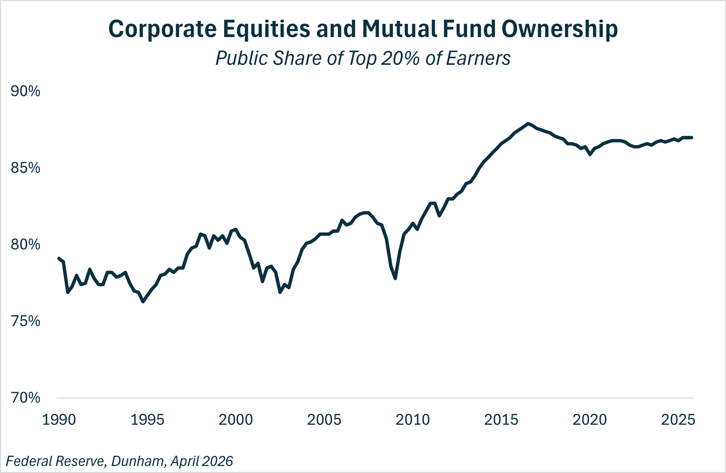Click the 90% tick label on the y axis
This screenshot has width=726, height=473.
[25, 91]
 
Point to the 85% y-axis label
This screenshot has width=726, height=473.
[25, 168]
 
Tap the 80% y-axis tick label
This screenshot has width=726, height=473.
[25, 244]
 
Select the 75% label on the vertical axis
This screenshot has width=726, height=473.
[25, 321]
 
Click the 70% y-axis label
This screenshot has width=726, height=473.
[25, 398]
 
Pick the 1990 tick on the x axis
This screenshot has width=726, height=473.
[59, 420]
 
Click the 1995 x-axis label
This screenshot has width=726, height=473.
[147, 420]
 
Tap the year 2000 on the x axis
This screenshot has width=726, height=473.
[236, 420]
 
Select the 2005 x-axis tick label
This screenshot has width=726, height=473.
[324, 420]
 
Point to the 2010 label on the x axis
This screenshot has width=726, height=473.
[413, 420]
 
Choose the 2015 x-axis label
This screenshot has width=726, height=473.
[501, 420]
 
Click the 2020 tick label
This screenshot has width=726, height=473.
[590, 420]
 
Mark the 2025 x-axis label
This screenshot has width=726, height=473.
[678, 420]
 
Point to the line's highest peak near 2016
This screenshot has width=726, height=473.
[528, 124]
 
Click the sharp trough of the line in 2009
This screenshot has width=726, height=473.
[395, 278]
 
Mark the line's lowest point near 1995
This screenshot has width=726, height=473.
[143, 301]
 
